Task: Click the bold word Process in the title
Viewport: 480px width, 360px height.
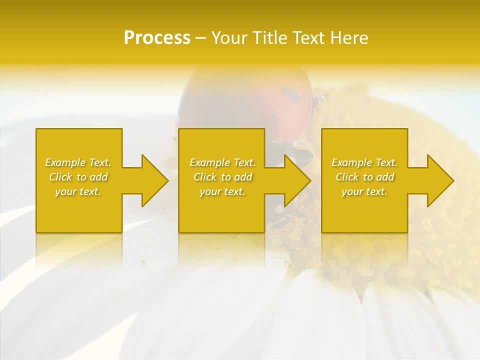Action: pyautogui.click(x=157, y=38)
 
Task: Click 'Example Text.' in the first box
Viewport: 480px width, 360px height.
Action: pyautogui.click(x=78, y=162)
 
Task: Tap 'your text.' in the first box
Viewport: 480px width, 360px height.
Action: pyautogui.click(x=78, y=191)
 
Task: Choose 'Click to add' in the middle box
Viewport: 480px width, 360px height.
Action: pyautogui.click(x=222, y=177)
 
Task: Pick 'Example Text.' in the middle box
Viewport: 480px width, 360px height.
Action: pyautogui.click(x=222, y=162)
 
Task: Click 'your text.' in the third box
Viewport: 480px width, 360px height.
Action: pyautogui.click(x=364, y=191)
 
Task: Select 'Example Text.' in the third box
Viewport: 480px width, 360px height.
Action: pyautogui.click(x=364, y=162)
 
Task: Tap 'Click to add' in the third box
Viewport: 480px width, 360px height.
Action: pyautogui.click(x=364, y=177)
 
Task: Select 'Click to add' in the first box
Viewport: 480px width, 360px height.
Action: pyautogui.click(x=78, y=177)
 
